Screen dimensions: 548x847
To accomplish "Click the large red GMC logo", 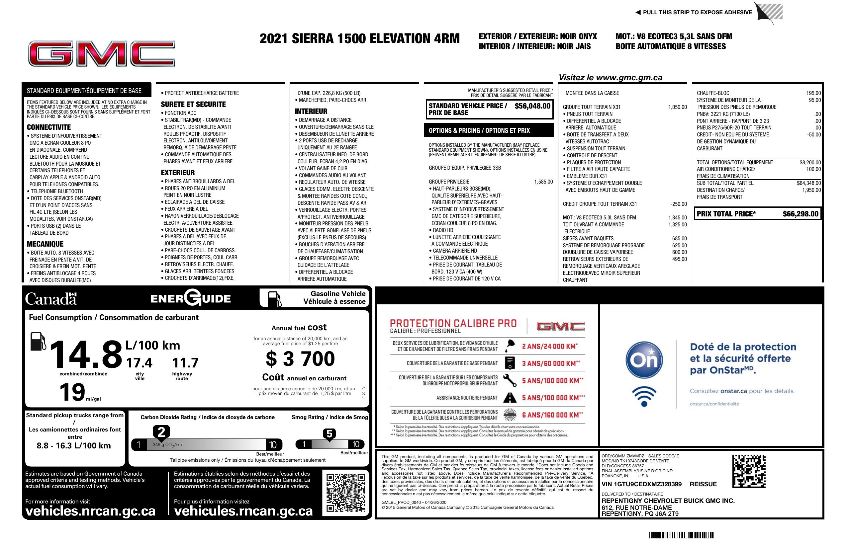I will (x=101, y=54).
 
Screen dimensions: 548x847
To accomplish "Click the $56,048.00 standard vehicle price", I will (x=532, y=106).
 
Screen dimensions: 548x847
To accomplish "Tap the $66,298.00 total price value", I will (x=800, y=214).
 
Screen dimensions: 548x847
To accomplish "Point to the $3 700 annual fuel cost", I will (x=300, y=358).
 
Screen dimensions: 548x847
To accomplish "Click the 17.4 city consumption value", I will (x=139, y=363).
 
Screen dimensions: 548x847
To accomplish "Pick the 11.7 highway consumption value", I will (x=185, y=363).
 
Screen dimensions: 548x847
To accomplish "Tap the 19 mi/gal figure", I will (x=72, y=392).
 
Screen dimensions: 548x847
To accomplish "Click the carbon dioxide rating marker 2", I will (x=161, y=432).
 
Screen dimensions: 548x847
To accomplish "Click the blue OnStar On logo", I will (x=644, y=360).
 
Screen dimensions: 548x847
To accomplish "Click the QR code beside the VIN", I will (x=749, y=471).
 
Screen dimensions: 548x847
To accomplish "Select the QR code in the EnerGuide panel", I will (x=345, y=492).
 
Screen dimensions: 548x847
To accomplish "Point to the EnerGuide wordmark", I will (x=191, y=298).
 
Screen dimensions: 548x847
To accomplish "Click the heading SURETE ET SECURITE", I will (x=193, y=104).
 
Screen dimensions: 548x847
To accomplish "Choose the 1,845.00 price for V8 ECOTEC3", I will (x=677, y=218).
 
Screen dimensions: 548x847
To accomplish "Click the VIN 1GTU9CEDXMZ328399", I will (x=641, y=484).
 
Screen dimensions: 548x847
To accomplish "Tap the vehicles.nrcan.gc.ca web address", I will (x=90, y=511).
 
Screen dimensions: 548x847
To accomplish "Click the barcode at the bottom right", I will (x=682, y=535).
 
